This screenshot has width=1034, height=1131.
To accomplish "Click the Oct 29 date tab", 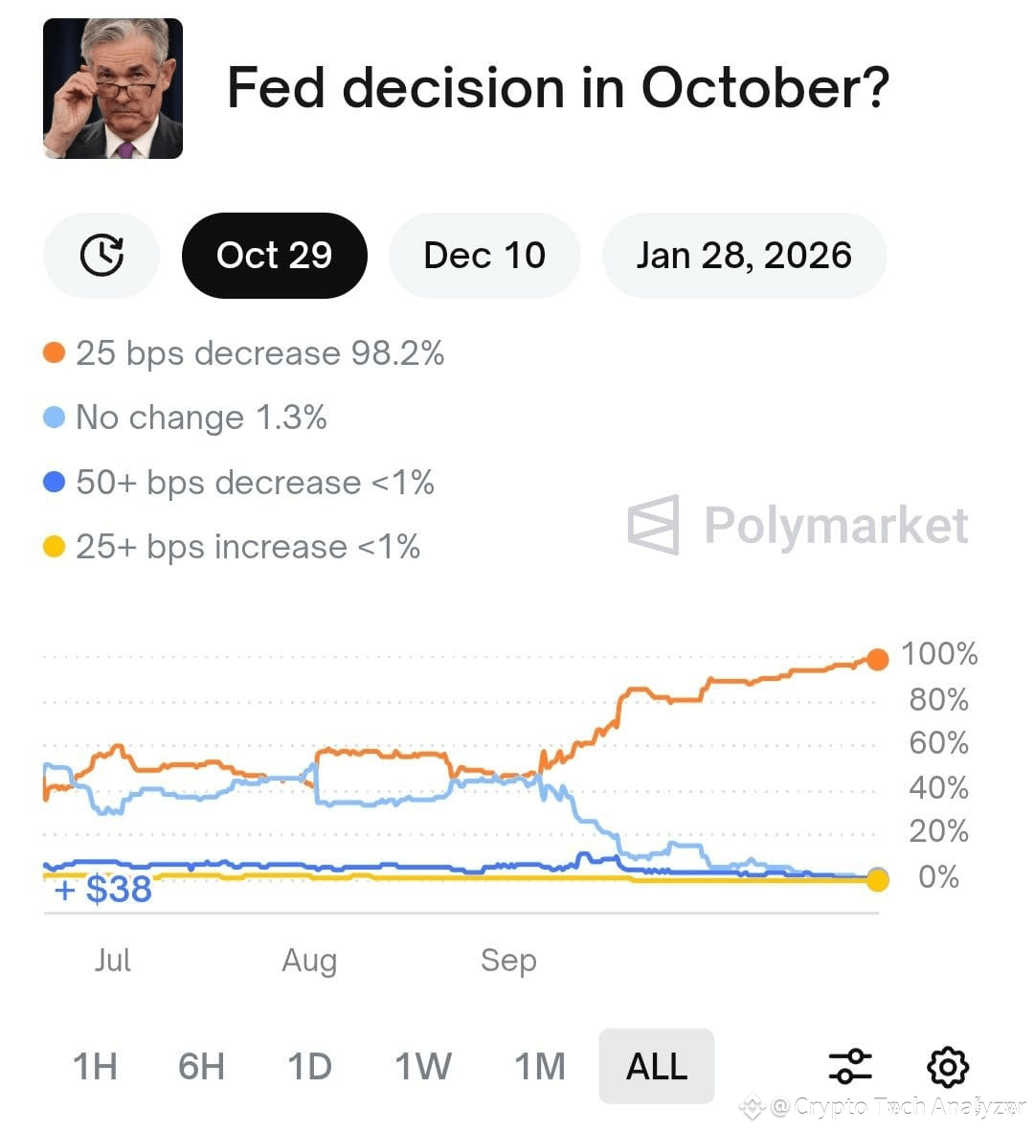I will tap(274, 256).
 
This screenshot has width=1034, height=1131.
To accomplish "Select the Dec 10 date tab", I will tap(484, 256).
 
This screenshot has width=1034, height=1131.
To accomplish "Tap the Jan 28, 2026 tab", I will tap(744, 256).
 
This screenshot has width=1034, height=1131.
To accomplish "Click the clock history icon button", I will tap(101, 256).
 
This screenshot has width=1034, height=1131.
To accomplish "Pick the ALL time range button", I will tap(656, 1066).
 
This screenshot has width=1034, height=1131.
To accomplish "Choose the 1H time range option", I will tap(95, 1066).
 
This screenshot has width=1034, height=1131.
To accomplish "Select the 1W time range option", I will tap(423, 1066).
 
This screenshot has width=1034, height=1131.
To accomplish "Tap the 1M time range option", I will tap(540, 1066).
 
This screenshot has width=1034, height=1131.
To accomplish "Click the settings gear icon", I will tap(948, 1066).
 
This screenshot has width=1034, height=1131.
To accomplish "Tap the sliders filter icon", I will tap(849, 1066).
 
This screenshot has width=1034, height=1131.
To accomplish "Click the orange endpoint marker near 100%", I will tap(877, 658).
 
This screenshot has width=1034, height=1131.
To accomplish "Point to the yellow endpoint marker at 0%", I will tap(877, 879).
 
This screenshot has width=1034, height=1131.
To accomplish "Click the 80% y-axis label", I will tap(938, 700).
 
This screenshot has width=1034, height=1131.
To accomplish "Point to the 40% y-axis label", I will tap(938, 788).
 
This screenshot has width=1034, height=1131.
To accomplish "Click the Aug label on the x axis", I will tap(309, 960).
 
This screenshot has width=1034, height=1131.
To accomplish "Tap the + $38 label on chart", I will tap(103, 890).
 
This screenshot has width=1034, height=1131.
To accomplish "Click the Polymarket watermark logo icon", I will tap(654, 525).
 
